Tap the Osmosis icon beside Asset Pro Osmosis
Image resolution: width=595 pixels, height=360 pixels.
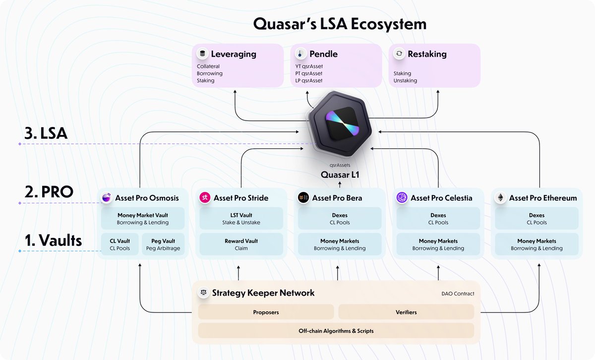coord(106,198)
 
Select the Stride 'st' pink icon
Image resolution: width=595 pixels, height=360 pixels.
coord(205,198)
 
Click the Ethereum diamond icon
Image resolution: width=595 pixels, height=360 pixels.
coord(500,198)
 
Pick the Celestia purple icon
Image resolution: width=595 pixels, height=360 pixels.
coord(402,198)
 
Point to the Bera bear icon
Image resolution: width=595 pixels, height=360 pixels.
coord(303,198)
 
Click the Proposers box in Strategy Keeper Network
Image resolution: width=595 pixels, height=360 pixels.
coord(266,312)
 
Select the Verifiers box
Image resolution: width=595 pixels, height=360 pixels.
coord(406,312)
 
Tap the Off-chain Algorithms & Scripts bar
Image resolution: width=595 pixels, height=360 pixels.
coord(336,331)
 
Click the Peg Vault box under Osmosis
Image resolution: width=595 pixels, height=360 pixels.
coord(164,244)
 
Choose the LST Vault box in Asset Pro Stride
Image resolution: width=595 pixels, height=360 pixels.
coord(241,219)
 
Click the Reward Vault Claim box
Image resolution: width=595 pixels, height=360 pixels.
coord(241,244)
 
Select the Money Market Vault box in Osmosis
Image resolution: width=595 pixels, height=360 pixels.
coord(143,219)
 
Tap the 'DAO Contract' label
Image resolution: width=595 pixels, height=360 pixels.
coord(458,294)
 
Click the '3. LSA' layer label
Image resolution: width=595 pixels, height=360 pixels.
coord(46,133)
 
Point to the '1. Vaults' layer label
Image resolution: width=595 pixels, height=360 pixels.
coord(53,240)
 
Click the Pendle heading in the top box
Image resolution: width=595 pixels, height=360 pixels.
coord(323,54)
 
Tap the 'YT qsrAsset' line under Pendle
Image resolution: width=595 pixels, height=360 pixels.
coord(309,66)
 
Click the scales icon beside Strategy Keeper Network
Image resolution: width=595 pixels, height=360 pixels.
coord(203,293)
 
